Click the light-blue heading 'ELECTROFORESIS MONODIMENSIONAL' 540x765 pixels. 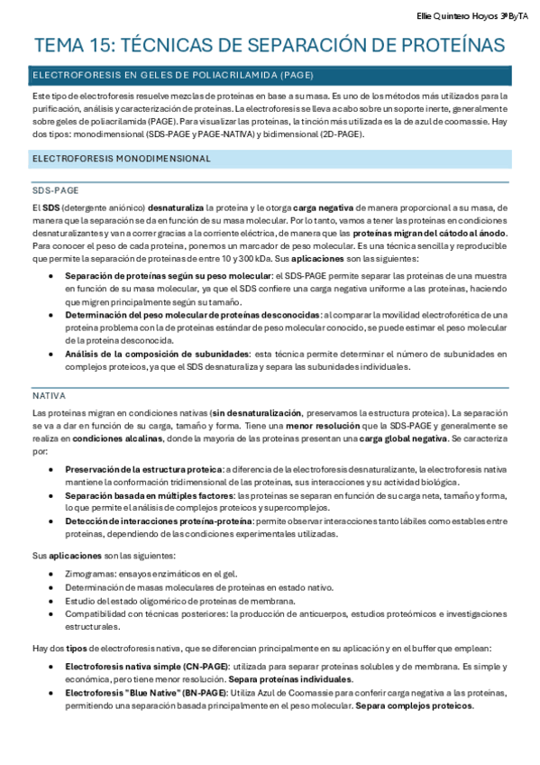coord(121,158)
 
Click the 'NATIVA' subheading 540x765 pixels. coord(48,395)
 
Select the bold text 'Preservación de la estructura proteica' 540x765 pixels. coord(143,470)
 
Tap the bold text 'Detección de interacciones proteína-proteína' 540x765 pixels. coord(159,521)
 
